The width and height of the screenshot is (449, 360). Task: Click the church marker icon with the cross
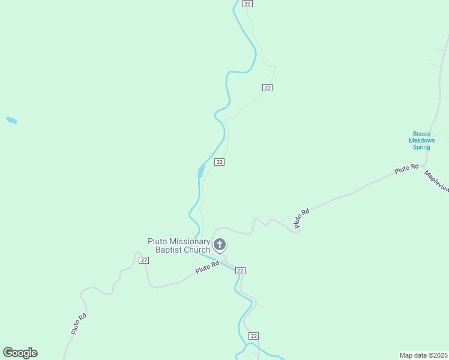(x=220, y=245)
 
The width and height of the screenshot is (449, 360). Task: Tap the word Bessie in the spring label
(x=421, y=134)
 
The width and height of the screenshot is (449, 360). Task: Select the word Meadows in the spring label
(x=421, y=140)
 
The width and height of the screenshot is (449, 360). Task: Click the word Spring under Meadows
(x=421, y=147)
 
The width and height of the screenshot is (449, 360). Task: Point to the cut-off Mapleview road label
(x=436, y=181)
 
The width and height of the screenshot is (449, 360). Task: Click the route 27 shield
(x=143, y=260)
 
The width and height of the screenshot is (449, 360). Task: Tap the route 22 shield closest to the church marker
(x=240, y=271)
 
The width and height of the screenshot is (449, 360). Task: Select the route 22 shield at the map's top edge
(x=247, y=4)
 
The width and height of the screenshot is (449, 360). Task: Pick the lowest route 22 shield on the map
(x=253, y=336)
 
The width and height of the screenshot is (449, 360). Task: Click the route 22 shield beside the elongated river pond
(x=220, y=162)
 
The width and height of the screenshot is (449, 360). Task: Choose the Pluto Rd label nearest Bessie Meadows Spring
(x=406, y=170)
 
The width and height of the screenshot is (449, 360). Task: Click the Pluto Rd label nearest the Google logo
(x=79, y=324)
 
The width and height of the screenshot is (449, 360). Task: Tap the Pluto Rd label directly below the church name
(x=207, y=268)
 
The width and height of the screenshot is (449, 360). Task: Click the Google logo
(x=20, y=353)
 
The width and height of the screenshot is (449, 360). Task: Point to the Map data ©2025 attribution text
(x=423, y=355)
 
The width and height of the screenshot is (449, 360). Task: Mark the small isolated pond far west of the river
(x=11, y=120)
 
